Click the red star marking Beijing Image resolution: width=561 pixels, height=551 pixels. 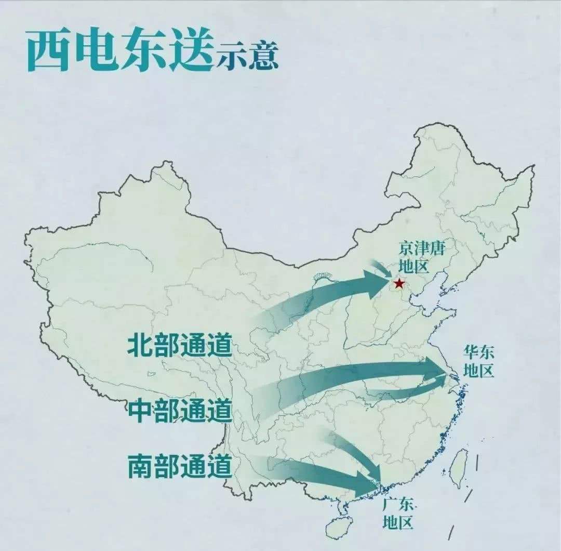point(399,283)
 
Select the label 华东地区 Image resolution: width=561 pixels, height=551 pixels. point(479,362)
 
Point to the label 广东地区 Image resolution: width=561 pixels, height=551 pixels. point(398,513)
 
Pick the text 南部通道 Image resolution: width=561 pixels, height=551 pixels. point(179,466)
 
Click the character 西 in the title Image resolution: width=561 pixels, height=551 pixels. point(48,50)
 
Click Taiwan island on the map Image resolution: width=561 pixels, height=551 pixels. point(458,467)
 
